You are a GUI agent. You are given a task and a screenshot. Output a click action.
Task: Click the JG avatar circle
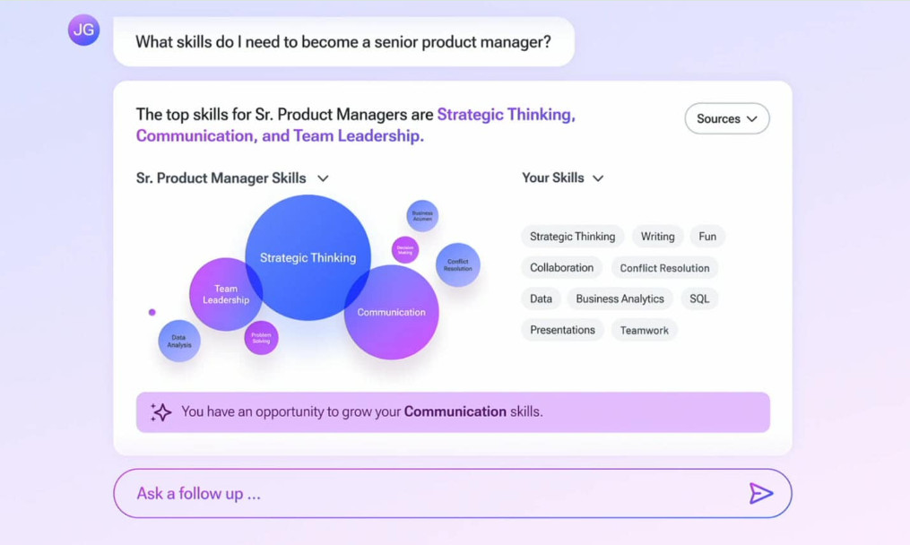click(x=83, y=30)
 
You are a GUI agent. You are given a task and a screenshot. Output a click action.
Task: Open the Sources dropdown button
click(x=726, y=118)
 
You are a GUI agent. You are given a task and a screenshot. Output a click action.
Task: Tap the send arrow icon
click(x=760, y=493)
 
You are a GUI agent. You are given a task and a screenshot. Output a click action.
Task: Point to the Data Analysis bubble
click(x=179, y=341)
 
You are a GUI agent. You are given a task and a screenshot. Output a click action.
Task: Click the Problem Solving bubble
click(x=261, y=338)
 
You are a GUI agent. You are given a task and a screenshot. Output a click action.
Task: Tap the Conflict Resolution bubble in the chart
click(x=458, y=265)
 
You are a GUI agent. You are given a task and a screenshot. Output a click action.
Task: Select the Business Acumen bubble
click(x=422, y=216)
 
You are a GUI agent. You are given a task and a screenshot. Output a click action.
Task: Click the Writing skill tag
click(x=657, y=237)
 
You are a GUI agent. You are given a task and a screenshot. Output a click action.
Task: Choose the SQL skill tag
click(x=699, y=298)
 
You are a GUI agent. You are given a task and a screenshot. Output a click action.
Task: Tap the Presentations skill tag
click(x=562, y=330)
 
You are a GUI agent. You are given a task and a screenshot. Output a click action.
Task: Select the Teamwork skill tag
click(x=644, y=330)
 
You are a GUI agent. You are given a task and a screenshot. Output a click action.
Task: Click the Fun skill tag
click(x=707, y=237)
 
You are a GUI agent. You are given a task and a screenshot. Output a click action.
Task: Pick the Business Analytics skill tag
click(x=620, y=298)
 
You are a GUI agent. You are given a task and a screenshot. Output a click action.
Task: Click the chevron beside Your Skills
click(x=598, y=178)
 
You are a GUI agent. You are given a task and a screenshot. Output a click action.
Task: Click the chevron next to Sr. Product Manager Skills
click(x=323, y=178)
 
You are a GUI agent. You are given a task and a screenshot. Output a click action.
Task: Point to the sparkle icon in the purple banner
click(x=161, y=411)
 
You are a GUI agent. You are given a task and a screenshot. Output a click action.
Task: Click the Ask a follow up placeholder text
click(x=198, y=493)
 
